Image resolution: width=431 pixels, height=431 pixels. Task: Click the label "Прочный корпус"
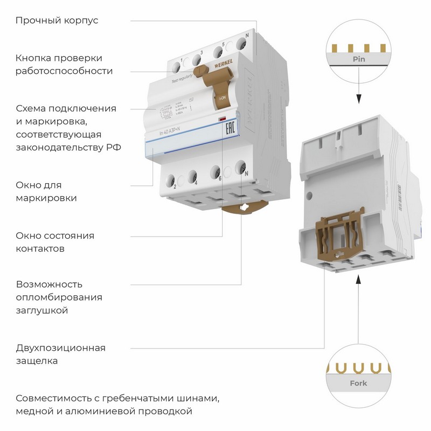tap(57, 21)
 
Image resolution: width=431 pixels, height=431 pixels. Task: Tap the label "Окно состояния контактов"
tap(55, 242)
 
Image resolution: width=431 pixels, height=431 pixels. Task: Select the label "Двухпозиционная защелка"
tap(60, 354)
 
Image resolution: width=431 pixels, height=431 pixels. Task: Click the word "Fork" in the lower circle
tap(358, 383)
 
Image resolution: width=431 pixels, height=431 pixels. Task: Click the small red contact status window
tap(221, 118)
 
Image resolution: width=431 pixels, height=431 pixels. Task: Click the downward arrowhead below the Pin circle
tap(358, 100)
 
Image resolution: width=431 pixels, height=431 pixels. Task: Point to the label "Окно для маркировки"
tap(46, 191)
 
